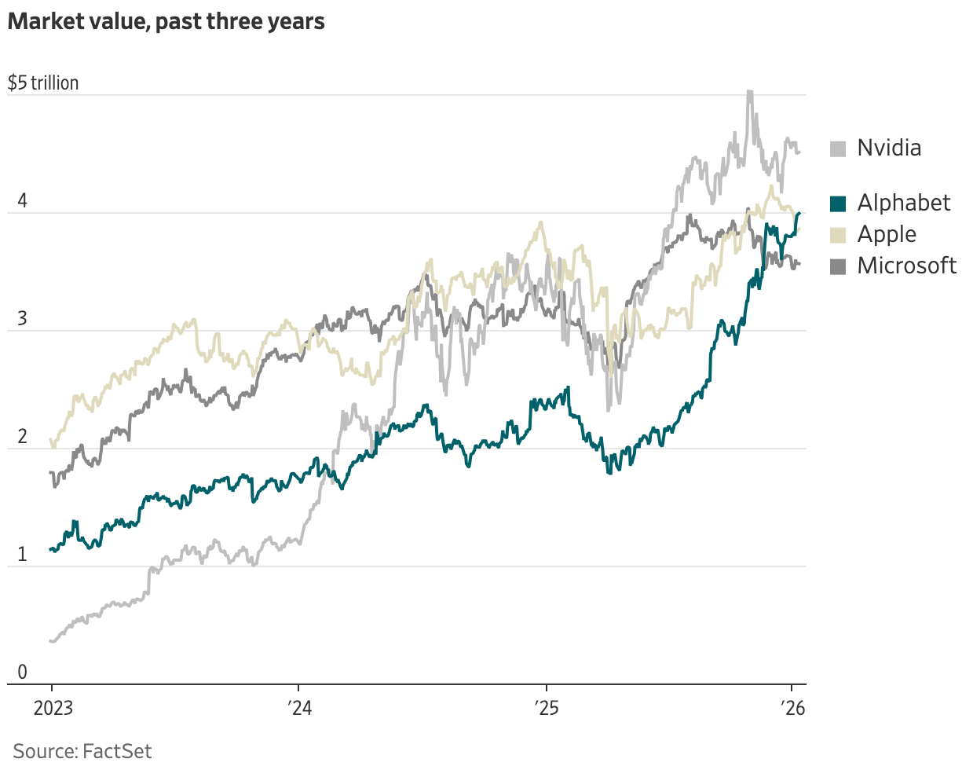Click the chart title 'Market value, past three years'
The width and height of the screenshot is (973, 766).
(x=166, y=21)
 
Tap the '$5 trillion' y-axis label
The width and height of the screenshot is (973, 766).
(x=43, y=83)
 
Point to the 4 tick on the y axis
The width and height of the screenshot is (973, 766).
(x=22, y=201)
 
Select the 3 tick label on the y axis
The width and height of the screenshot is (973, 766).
(x=22, y=319)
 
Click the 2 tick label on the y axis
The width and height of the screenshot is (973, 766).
(x=22, y=437)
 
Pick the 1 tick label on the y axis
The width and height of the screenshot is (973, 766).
(x=22, y=555)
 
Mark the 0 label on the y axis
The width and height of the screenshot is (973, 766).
(x=22, y=673)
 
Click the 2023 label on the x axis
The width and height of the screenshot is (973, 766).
(x=53, y=709)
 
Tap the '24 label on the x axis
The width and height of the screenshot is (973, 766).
(x=299, y=709)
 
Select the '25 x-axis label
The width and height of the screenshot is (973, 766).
(x=546, y=709)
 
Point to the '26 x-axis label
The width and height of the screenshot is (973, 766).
(x=793, y=709)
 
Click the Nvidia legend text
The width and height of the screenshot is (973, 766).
(x=889, y=148)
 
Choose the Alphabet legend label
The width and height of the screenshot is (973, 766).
(x=903, y=203)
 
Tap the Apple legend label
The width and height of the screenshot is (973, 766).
(x=887, y=234)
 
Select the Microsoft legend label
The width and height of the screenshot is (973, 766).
(x=906, y=266)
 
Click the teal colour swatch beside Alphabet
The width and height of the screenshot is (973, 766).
(x=838, y=203)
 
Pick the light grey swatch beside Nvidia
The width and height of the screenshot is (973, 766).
(x=838, y=148)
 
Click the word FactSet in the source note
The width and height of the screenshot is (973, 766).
(x=117, y=751)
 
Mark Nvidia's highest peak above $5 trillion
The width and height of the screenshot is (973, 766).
(x=749, y=92)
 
